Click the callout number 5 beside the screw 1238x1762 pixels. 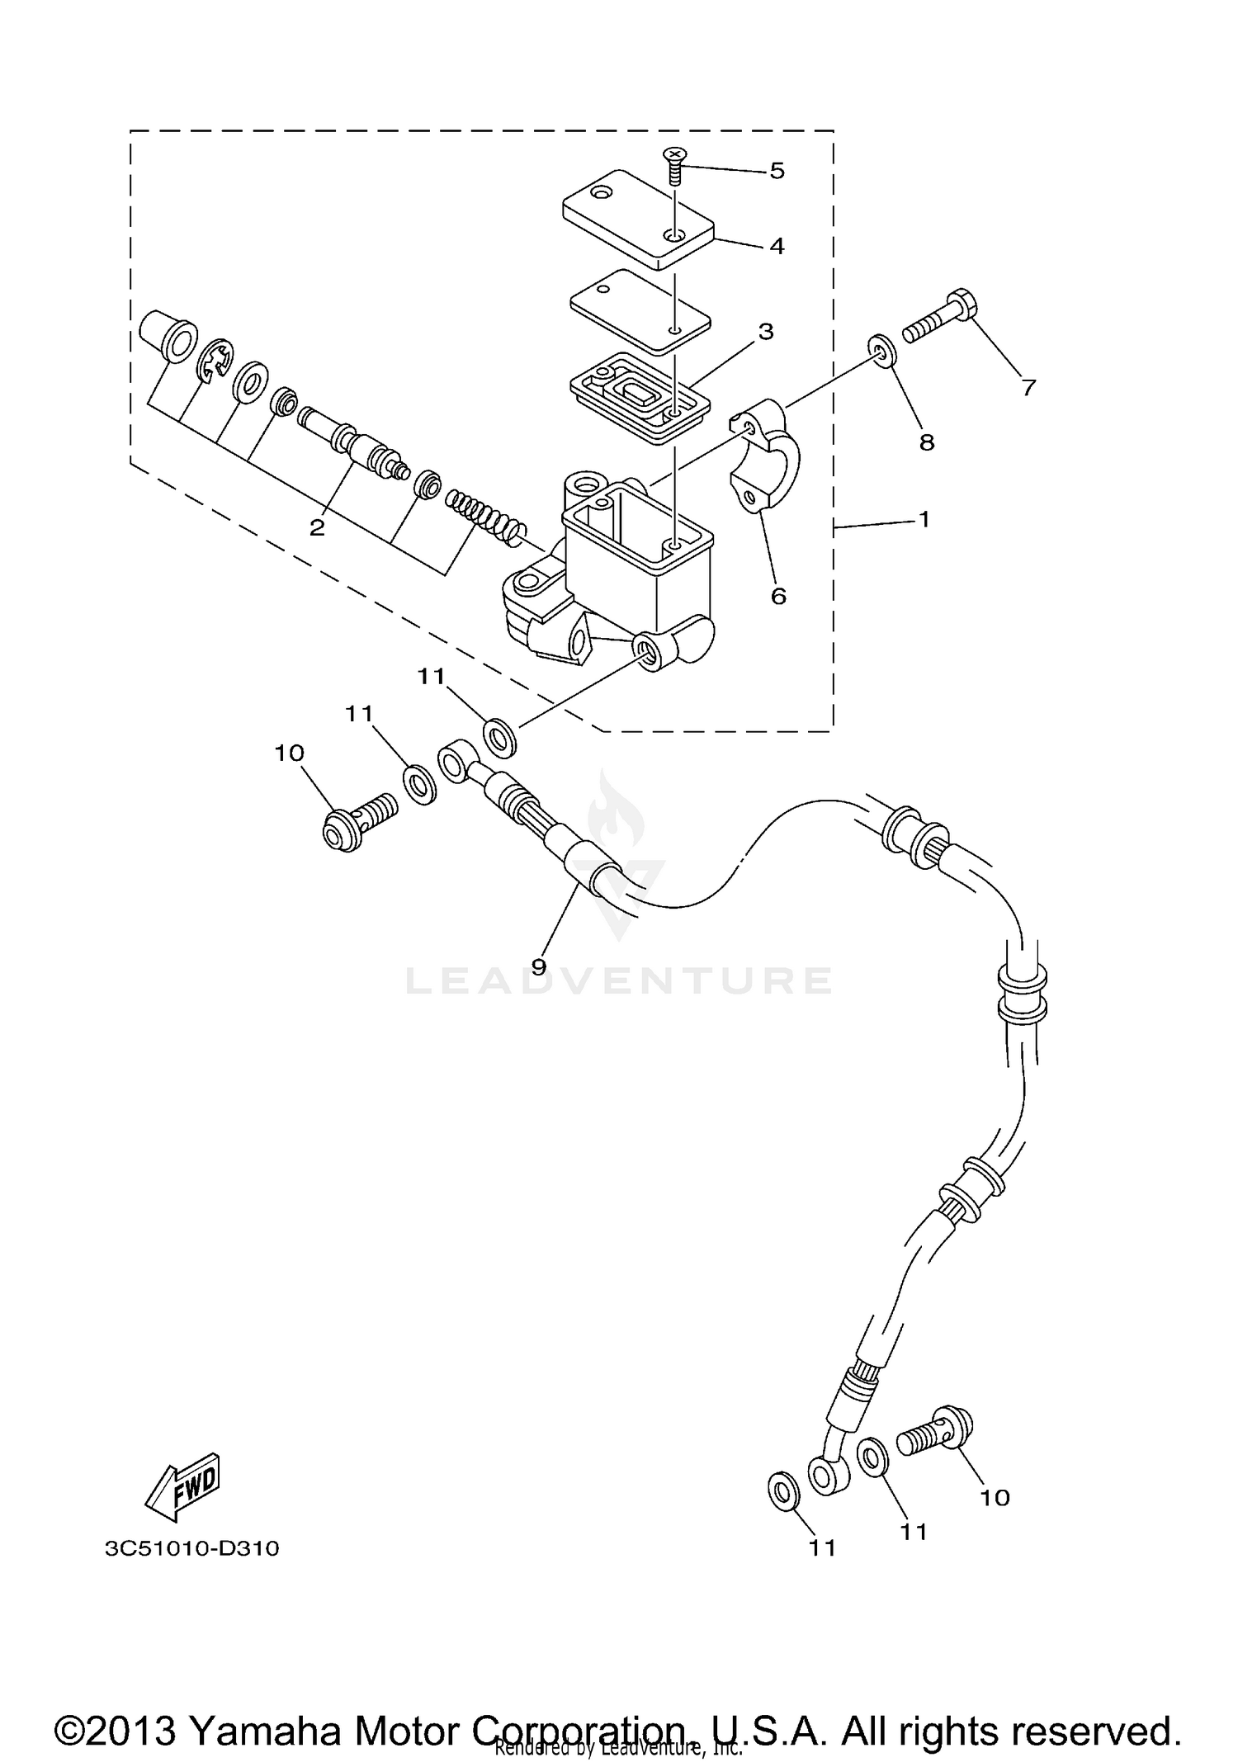pyautogui.click(x=777, y=171)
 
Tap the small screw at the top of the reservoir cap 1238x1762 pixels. pyautogui.click(x=676, y=164)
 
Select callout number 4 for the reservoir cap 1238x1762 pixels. pyautogui.click(x=777, y=246)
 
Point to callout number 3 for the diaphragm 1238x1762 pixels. pyautogui.click(x=766, y=332)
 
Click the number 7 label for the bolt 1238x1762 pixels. pyautogui.click(x=1028, y=387)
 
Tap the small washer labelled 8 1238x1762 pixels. pyautogui.click(x=882, y=350)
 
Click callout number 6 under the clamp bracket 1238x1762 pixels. pyautogui.click(x=778, y=595)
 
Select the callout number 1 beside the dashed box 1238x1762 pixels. pyautogui.click(x=924, y=519)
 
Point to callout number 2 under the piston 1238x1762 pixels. pyautogui.click(x=318, y=527)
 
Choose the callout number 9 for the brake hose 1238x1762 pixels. pyautogui.click(x=538, y=966)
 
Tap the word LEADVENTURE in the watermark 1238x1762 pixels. pyautogui.click(x=618, y=980)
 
